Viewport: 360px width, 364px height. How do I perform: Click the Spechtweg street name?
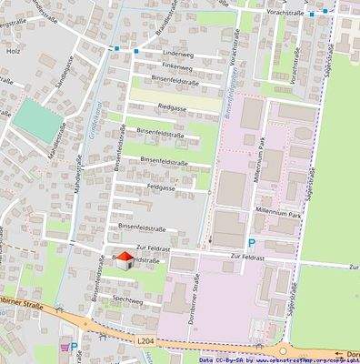pyautogui.click(x=127, y=298)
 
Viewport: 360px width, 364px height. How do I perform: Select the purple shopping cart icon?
pyautogui.click(x=63, y=346)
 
